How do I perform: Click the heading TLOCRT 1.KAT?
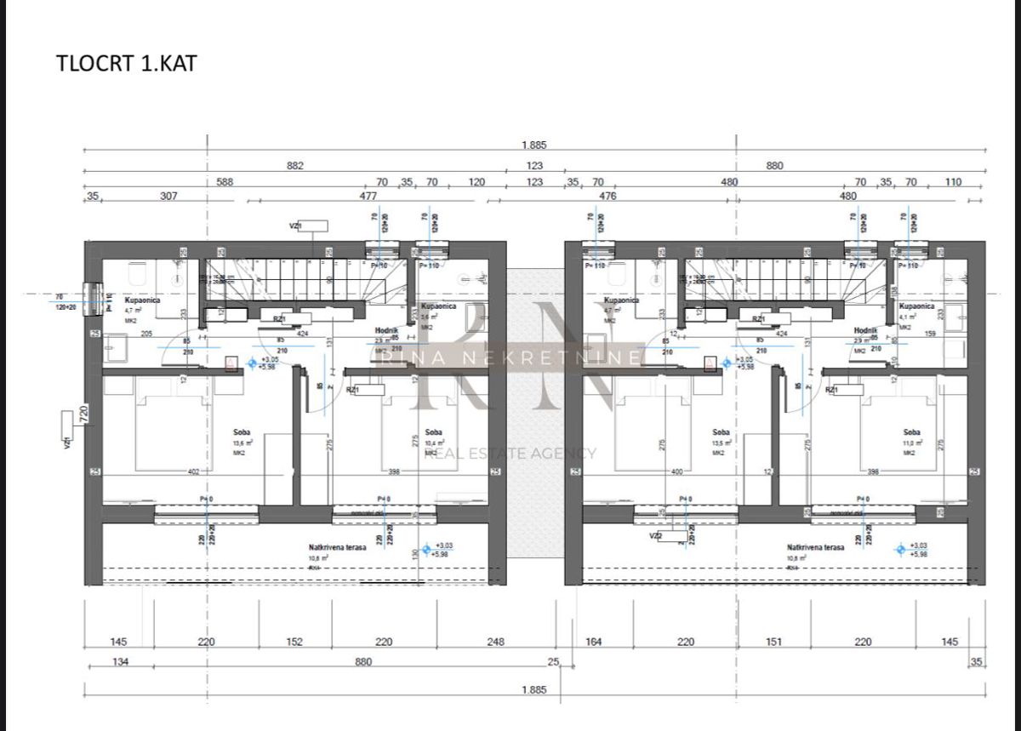[126, 64]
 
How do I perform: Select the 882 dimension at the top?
[295, 166]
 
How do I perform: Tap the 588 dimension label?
[225, 181]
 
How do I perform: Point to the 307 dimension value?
[169, 196]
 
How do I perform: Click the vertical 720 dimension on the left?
[84, 414]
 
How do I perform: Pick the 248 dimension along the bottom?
[496, 642]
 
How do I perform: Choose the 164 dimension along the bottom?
[594, 642]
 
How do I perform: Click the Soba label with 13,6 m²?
[242, 432]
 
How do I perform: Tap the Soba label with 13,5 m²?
[721, 432]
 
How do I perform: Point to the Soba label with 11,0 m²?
[912, 432]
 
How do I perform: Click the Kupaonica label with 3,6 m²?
[438, 306]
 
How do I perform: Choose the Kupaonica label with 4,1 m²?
[916, 306]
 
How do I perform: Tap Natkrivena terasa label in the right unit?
[816, 548]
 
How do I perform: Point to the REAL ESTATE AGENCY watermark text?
[510, 454]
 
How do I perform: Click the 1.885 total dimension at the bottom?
[533, 690]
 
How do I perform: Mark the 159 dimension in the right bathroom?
[930, 334]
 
